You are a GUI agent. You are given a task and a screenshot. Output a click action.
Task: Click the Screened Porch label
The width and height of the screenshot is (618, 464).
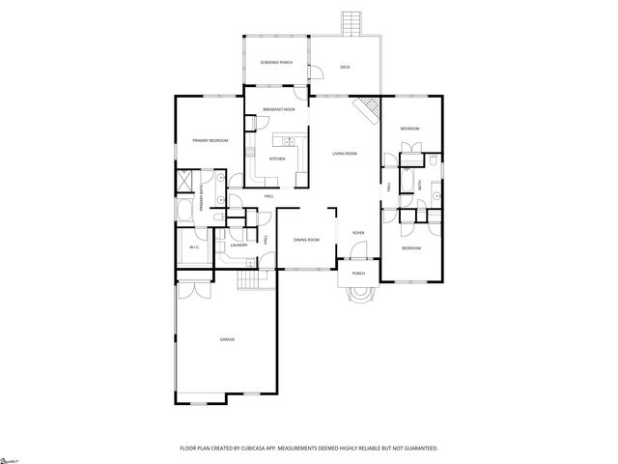tap(275, 63)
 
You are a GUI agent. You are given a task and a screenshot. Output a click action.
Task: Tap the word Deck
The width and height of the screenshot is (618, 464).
tap(345, 67)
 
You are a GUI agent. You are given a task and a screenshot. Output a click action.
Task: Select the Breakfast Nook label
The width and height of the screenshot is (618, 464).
tap(278, 111)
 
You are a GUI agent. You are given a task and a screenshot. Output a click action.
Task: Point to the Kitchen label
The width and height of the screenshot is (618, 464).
tap(277, 158)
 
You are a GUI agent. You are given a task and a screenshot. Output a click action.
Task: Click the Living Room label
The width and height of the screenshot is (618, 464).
tap(345, 153)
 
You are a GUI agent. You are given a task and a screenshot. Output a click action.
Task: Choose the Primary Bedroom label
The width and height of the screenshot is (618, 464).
tap(210, 141)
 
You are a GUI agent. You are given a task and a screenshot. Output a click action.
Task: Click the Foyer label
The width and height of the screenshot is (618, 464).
tap(357, 233)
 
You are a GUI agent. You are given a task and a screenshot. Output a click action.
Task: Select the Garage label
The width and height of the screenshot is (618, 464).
tap(227, 339)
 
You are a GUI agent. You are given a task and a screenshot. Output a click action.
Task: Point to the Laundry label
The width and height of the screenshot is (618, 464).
tap(239, 245)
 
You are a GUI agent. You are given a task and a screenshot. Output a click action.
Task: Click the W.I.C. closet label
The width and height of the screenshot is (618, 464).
tap(193, 247)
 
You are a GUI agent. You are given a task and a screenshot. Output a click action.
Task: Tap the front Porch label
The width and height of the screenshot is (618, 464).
tap(358, 274)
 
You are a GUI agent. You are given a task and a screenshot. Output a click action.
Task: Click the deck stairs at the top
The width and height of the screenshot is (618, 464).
tap(349, 22)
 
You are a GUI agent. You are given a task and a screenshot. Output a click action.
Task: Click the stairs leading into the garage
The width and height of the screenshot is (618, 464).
tap(252, 279)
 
